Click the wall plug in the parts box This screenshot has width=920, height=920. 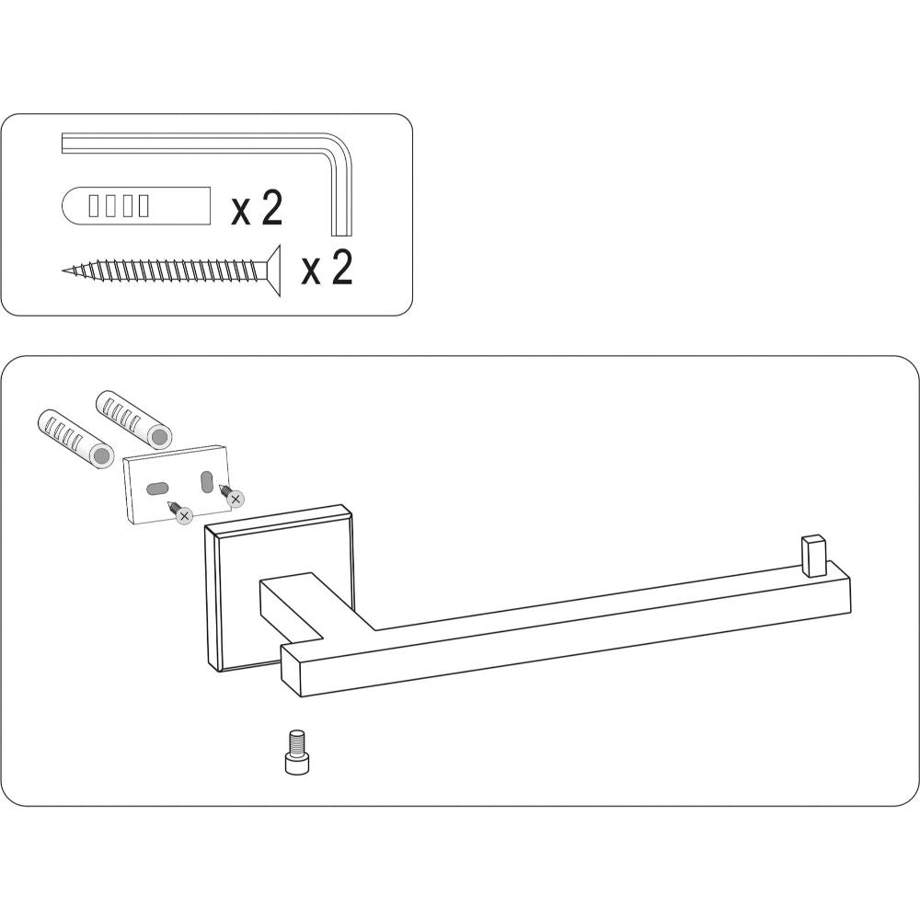point(135,205)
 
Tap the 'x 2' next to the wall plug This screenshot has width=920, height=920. point(257,208)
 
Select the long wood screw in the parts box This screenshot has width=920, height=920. point(171,270)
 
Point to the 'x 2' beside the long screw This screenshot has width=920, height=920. point(327,268)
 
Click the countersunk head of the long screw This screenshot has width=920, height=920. point(273,270)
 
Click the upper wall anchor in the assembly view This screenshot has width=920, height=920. point(133,420)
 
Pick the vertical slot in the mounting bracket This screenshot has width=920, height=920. point(206,481)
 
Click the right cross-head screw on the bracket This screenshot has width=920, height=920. point(231,496)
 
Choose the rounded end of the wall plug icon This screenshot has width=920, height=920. point(71,205)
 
